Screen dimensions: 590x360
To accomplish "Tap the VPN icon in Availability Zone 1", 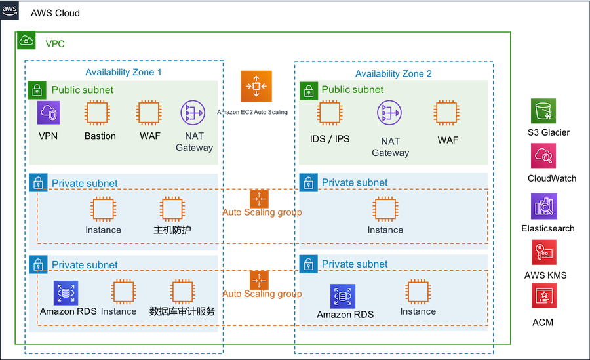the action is pyautogui.click(x=49, y=113).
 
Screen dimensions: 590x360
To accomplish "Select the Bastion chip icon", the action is pyautogui.click(x=97, y=113).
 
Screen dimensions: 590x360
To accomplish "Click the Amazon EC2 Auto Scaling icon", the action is pyautogui.click(x=256, y=87).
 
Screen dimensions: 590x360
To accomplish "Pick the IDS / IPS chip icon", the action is pyautogui.click(x=330, y=113).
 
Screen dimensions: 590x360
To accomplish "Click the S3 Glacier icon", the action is pyautogui.click(x=543, y=111).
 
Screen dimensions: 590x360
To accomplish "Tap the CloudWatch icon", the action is pyautogui.click(x=543, y=155).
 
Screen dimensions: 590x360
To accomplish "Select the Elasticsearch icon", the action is pyautogui.click(x=543, y=206).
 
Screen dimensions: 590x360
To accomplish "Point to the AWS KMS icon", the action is pyautogui.click(x=544, y=252).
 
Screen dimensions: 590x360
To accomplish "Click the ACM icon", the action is pyautogui.click(x=544, y=296).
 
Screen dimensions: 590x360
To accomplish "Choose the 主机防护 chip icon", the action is pyautogui.click(x=172, y=209).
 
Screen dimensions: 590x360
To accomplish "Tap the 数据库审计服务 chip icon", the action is pyautogui.click(x=182, y=292).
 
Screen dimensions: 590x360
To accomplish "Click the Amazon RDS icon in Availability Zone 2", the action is pyautogui.click(x=343, y=296).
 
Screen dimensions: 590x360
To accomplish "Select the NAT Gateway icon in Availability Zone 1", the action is pyautogui.click(x=193, y=113).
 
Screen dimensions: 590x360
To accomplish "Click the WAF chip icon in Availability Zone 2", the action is pyautogui.click(x=446, y=113).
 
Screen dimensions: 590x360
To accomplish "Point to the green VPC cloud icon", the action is pyautogui.click(x=26, y=40).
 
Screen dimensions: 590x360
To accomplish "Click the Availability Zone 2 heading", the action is pyautogui.click(x=393, y=74).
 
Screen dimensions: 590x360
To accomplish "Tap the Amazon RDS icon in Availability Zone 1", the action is pyautogui.click(x=66, y=292).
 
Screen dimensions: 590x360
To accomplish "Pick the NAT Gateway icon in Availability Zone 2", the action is pyautogui.click(x=389, y=113).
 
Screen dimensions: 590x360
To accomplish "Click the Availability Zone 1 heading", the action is pyautogui.click(x=123, y=72).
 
